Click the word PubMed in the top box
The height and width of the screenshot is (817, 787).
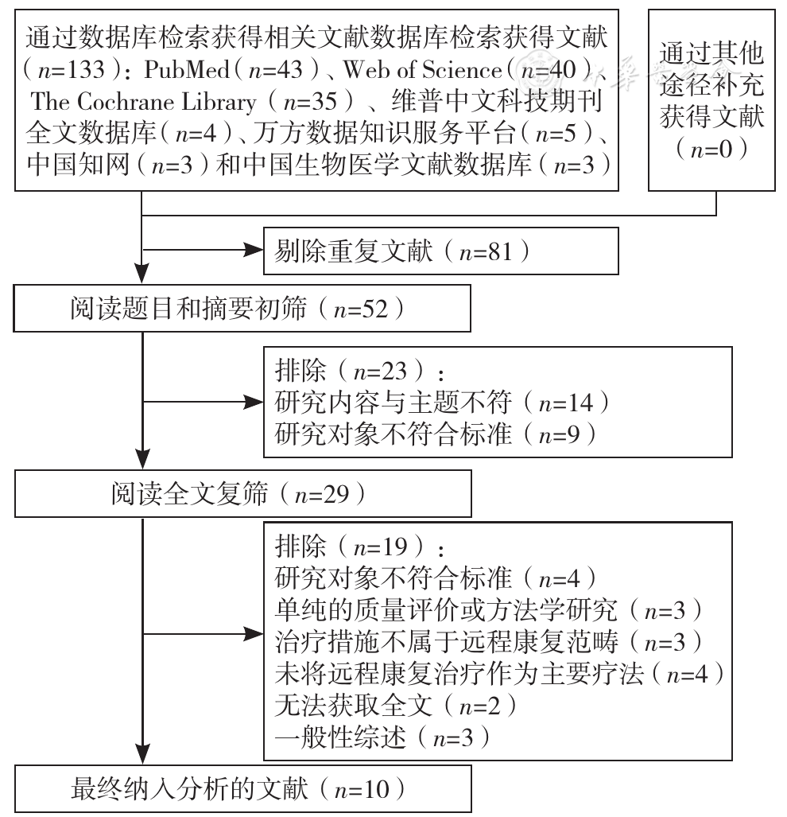tap(187, 70)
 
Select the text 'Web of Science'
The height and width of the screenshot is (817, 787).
tap(422, 70)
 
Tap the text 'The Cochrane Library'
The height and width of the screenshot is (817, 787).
tap(144, 102)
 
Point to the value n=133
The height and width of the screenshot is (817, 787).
tap(72, 70)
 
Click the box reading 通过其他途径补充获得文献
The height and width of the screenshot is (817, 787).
tap(711, 100)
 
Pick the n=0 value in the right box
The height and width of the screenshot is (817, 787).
tap(711, 150)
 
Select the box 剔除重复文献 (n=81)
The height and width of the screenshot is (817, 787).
tap(441, 251)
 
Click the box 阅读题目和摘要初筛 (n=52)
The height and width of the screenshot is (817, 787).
tap(242, 309)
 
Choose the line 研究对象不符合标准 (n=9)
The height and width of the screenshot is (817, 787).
tap(436, 434)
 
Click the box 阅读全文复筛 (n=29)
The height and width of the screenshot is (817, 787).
tap(243, 493)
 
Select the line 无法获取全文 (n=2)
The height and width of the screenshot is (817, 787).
tap(396, 706)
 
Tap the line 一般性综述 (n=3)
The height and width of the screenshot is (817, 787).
tap(382, 737)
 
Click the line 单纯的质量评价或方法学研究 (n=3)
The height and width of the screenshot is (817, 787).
tap(489, 610)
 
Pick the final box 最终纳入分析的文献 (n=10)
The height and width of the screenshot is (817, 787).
tap(243, 789)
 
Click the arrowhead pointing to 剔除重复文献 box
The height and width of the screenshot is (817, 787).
tap(254, 250)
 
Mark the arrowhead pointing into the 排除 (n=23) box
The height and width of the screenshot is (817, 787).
tap(254, 402)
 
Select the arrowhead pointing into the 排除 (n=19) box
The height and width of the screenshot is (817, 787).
tap(254, 634)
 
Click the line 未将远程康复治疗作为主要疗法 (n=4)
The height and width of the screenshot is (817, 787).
tap(500, 675)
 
